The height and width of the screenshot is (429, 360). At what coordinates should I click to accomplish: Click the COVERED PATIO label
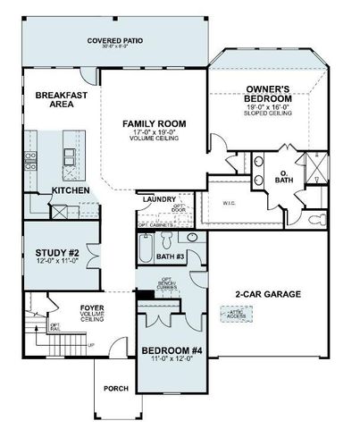click(115, 41)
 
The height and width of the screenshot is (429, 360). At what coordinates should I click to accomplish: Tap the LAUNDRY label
click(159, 200)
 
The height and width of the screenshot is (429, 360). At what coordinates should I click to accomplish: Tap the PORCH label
click(116, 388)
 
